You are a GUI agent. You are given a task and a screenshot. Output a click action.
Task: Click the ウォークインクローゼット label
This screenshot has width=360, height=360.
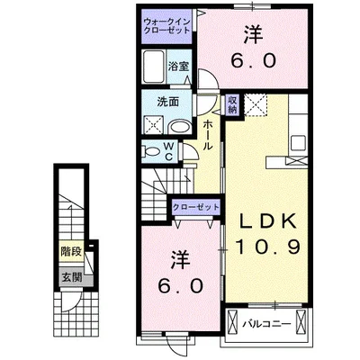pyautogui.click(x=167, y=25)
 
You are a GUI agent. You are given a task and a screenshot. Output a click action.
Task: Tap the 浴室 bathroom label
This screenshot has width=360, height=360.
pyautogui.click(x=179, y=66)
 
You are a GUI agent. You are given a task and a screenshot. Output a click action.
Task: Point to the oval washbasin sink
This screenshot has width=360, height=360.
pyautogui.click(x=177, y=126)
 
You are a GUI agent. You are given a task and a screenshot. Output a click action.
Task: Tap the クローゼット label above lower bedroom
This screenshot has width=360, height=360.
pyautogui.click(x=196, y=207)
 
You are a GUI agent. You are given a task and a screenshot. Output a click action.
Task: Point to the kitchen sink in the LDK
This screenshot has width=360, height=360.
pyautogui.click(x=300, y=140)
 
